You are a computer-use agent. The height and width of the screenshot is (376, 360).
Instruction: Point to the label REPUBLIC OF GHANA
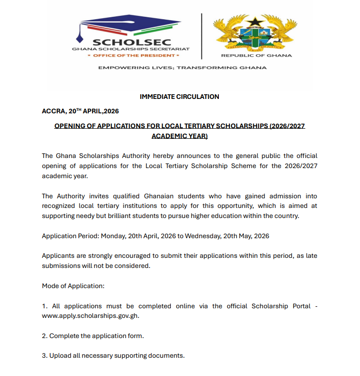(256, 56)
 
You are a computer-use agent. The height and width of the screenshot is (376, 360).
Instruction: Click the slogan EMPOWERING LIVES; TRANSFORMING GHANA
(182, 68)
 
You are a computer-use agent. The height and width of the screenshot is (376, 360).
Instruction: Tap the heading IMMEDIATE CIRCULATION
(180, 97)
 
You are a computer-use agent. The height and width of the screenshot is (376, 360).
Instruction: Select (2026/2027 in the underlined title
(287, 126)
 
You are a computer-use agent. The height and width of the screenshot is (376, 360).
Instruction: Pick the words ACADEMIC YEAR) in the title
(180, 136)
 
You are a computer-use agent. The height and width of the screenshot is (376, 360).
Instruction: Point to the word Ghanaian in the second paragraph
(158, 196)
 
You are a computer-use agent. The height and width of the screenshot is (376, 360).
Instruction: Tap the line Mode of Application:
(73, 286)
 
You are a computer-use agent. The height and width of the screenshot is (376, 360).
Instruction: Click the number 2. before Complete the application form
(45, 336)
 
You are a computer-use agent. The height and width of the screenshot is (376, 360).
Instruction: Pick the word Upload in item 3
(60, 356)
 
